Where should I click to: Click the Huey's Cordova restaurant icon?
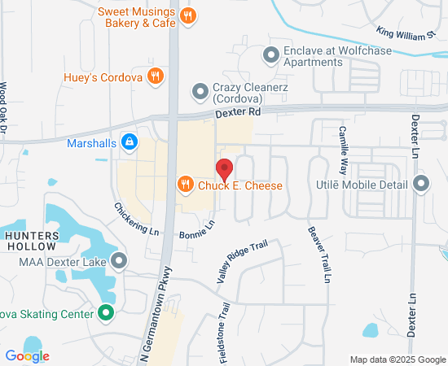[156, 77]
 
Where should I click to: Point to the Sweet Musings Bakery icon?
[188, 15]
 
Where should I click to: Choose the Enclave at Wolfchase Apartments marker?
[270, 55]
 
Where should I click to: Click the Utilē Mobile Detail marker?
[421, 184]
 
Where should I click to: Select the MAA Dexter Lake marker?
[120, 261]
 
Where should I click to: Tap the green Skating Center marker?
[106, 312]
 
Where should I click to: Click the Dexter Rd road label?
[239, 112]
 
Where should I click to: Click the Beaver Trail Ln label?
[318, 254]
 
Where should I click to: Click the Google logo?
[27, 355]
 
